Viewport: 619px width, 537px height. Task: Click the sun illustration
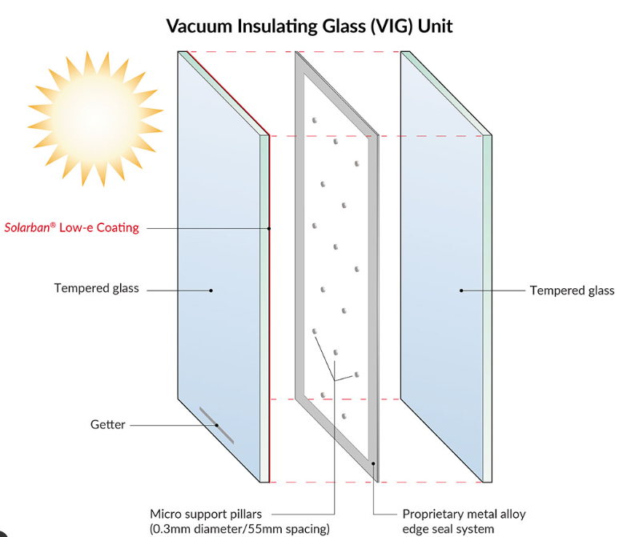(x=95, y=111)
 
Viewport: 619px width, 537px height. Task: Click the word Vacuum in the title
(x=200, y=26)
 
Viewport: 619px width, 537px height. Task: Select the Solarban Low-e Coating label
(x=72, y=227)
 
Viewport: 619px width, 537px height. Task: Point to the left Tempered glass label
(x=96, y=288)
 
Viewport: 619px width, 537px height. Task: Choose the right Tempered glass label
(x=572, y=290)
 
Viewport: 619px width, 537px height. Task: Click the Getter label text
(x=107, y=424)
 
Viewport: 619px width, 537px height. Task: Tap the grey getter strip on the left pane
(x=216, y=425)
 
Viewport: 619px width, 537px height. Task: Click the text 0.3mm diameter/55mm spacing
(x=239, y=528)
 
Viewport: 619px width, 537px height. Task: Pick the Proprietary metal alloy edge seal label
(x=464, y=521)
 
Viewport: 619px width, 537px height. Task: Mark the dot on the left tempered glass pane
(x=211, y=290)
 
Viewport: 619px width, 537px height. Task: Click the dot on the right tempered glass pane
(x=461, y=290)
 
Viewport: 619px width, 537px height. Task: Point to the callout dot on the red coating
(x=270, y=228)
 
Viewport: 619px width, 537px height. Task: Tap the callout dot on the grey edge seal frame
(x=373, y=463)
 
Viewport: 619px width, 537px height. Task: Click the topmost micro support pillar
(x=315, y=120)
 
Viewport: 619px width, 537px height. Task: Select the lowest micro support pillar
(x=344, y=415)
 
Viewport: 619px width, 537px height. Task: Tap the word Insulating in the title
(x=275, y=26)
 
